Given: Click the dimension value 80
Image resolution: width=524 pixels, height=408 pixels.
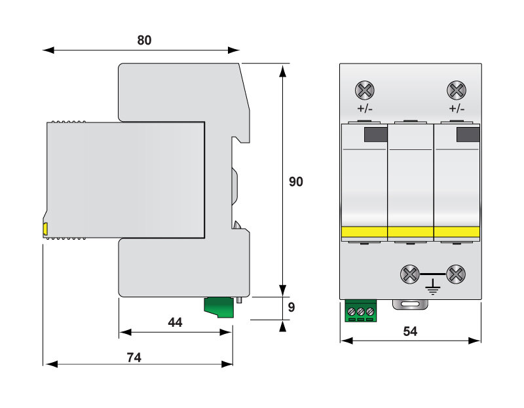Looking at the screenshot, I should tap(144, 40).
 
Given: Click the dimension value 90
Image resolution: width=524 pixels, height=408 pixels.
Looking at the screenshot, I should tap(296, 181).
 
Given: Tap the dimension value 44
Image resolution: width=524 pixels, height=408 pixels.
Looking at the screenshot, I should tap(175, 322).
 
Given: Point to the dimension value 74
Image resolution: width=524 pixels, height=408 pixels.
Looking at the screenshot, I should tap(134, 357).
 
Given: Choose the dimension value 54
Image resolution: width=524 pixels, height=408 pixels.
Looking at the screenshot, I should tap(410, 331).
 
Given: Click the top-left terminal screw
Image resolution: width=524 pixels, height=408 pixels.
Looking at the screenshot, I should tap(364, 90).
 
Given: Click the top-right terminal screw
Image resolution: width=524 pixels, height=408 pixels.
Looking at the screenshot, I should tap(456, 90).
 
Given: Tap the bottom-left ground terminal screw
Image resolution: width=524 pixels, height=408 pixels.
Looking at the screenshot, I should tap(409, 273).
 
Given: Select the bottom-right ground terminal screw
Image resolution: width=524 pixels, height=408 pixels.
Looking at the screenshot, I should tap(456, 273).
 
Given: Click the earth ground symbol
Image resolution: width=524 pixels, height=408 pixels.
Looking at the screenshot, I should tap(433, 285).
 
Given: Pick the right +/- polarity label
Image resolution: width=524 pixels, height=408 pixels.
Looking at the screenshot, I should tap(457, 109).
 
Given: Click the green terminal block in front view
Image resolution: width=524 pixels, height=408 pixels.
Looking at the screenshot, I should tap(360, 311).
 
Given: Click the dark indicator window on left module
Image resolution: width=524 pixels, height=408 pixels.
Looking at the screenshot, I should tap(375, 135).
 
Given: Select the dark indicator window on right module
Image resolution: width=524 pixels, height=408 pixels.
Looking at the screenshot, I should tap(468, 135).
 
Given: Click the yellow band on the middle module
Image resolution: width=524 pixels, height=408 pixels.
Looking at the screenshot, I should tap(411, 232).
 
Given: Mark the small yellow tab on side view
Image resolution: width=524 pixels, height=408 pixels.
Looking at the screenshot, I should tap(45, 229).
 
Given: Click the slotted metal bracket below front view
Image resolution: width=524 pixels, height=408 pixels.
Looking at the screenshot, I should tap(409, 305).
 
